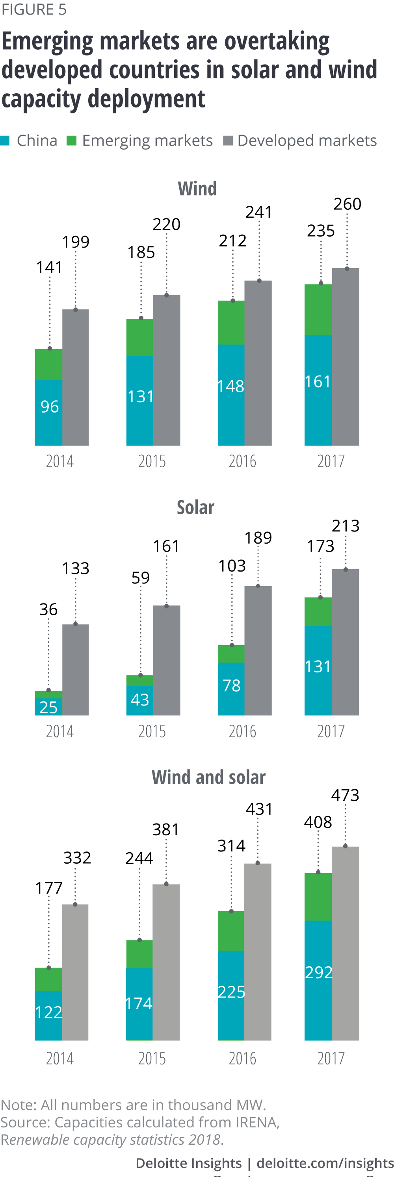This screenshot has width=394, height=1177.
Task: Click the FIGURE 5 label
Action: click(x=34, y=9)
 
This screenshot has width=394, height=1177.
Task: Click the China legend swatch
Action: click(x=5, y=141)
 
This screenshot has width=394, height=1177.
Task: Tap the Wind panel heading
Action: click(x=197, y=189)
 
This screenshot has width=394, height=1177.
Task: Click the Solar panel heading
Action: click(x=196, y=508)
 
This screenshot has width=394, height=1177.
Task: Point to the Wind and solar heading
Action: click(x=208, y=777)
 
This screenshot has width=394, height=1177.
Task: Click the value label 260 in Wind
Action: click(x=348, y=204)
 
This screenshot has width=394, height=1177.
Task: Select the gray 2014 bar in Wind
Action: click(x=75, y=378)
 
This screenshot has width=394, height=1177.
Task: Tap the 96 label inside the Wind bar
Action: click(x=49, y=406)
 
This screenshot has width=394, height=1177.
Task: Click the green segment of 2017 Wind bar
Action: click(x=318, y=310)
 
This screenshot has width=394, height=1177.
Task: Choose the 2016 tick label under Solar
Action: click(x=242, y=731)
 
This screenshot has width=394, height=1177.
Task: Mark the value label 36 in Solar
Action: click(x=48, y=609)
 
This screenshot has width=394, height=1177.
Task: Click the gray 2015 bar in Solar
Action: click(x=166, y=660)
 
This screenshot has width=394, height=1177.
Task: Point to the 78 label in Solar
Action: click(x=231, y=685)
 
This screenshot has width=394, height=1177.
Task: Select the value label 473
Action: click(x=345, y=796)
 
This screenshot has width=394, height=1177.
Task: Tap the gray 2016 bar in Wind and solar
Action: click(x=258, y=952)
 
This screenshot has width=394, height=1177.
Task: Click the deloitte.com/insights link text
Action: click(x=325, y=1163)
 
